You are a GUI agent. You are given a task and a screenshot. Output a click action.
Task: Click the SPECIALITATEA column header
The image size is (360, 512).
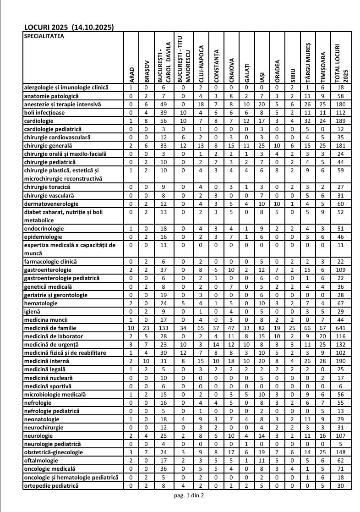(44, 35)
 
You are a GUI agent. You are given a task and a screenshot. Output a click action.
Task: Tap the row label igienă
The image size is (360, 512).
(32, 311)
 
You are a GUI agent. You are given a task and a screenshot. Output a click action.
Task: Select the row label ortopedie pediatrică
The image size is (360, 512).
(51, 485)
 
